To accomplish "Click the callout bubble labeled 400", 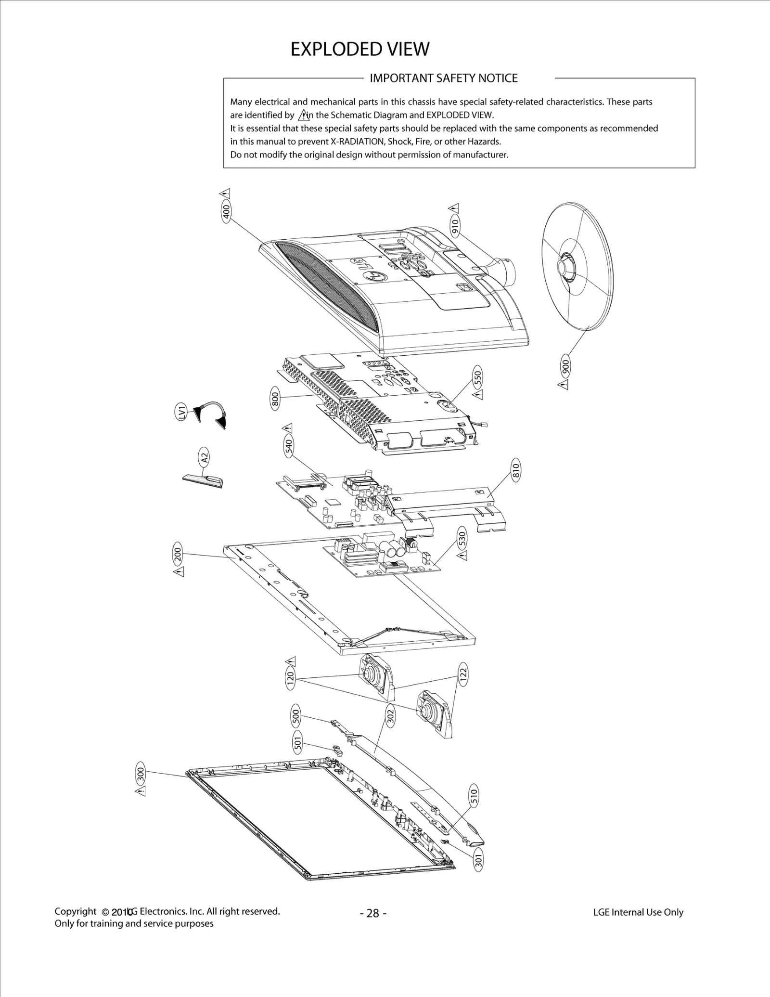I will (x=226, y=211).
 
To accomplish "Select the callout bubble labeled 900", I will (x=566, y=368).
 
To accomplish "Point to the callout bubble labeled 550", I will (x=477, y=377).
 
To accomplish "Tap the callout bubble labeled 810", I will (x=515, y=469).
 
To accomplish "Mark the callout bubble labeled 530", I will (x=462, y=538).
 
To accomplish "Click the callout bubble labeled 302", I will (x=391, y=717).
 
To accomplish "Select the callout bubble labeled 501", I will (x=297, y=744).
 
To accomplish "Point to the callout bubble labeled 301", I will (x=478, y=859).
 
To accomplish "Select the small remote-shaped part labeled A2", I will (x=203, y=481).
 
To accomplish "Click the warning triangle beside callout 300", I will (x=140, y=791).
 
